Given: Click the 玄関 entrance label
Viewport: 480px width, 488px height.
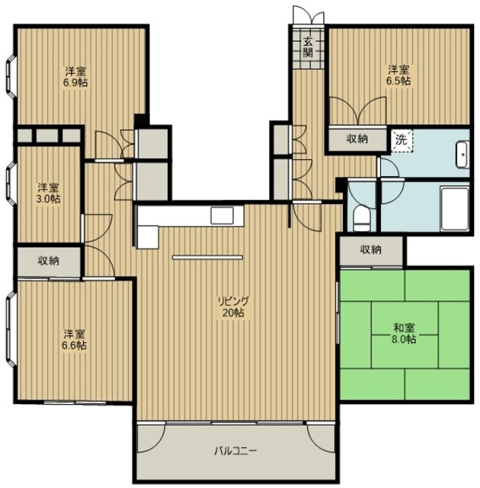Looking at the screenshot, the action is [308, 47].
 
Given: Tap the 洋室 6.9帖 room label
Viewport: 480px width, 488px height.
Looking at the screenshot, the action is [76, 77].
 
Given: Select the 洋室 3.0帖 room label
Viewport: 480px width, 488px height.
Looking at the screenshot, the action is [49, 193].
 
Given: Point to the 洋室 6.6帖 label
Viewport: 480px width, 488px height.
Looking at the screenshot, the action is [75, 340].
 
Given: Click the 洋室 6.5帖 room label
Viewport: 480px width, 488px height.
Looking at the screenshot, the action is [398, 75].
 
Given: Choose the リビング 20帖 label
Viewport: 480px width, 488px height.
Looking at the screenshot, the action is [233, 307].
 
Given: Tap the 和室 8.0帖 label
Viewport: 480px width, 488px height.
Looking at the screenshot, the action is [404, 333].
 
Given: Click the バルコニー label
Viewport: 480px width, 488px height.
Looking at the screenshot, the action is [235, 451].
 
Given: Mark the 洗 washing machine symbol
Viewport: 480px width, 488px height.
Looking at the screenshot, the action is [402, 140].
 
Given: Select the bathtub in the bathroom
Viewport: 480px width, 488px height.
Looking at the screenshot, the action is [455, 209].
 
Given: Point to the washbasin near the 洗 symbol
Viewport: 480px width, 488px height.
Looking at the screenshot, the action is [462, 155].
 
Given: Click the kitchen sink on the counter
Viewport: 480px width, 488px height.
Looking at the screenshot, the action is [222, 215].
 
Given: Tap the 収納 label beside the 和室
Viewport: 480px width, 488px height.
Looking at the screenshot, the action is [371, 249].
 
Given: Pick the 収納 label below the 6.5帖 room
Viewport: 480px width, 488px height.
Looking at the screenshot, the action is [357, 139].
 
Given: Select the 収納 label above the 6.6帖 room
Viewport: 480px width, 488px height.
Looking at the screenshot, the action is [49, 261].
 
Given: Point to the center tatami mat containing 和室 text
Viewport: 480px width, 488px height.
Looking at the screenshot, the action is [405, 335].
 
